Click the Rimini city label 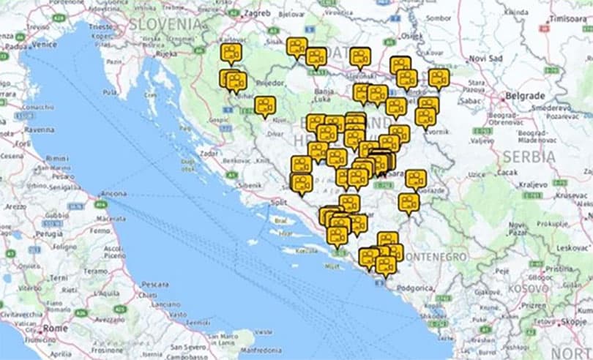pos(56,158)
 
